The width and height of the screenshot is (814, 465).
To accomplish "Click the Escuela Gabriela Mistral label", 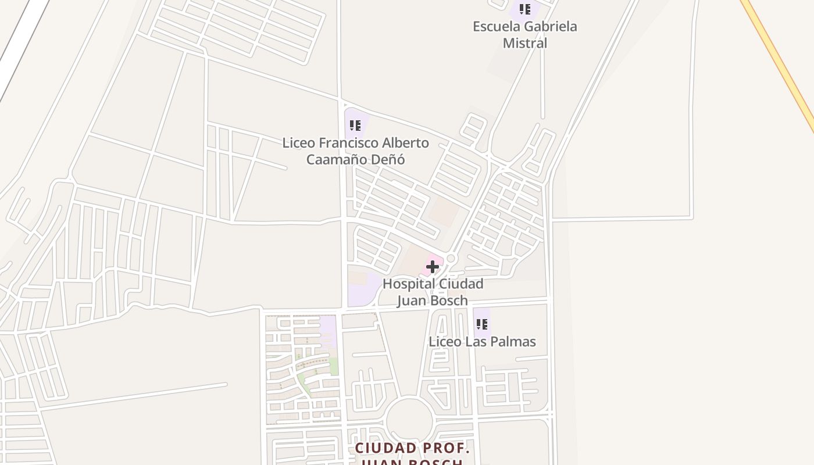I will click(x=524, y=34).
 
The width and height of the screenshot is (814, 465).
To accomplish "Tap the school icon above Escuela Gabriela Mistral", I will click(x=525, y=9).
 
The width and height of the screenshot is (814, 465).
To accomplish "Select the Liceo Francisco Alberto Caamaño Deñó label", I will click(x=355, y=151).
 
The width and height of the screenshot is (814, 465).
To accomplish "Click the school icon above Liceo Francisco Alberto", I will click(x=355, y=126).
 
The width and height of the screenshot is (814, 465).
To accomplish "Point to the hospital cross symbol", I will click(x=432, y=267).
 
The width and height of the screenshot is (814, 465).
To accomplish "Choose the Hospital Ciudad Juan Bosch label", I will click(x=433, y=292).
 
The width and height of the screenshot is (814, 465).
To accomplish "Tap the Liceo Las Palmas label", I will click(x=482, y=341).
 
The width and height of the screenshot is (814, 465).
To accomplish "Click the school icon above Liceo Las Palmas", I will click(x=481, y=324).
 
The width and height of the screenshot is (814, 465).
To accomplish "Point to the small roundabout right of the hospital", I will click(x=451, y=258).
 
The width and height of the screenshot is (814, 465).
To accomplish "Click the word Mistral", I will click(x=524, y=43).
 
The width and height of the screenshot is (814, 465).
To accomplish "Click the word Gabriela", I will click(x=549, y=26).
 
